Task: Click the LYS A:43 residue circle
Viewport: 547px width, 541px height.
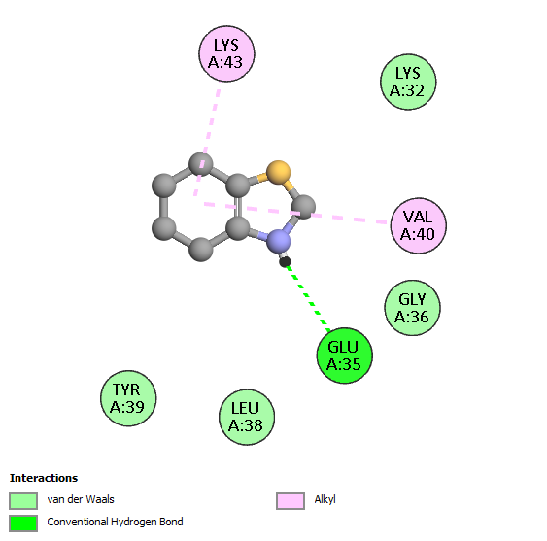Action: (x=226, y=53)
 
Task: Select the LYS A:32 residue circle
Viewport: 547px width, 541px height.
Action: (x=408, y=82)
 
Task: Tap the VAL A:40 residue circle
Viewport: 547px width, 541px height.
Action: (x=419, y=225)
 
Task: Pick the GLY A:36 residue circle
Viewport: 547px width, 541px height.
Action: (x=413, y=308)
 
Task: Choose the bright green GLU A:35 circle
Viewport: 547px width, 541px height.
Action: (x=345, y=355)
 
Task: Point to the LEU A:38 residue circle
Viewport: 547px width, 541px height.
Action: (x=247, y=417)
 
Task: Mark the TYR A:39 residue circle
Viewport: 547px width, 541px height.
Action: (x=128, y=398)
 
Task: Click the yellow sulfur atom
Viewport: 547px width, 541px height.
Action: (x=278, y=172)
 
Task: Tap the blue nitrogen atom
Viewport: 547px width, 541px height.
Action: (x=279, y=241)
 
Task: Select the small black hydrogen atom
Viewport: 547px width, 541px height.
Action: (x=285, y=261)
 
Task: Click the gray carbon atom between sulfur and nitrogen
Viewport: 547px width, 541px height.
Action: (x=303, y=207)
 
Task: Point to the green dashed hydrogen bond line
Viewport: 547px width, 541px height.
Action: (x=307, y=297)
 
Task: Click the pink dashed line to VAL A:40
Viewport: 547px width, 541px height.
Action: (x=295, y=213)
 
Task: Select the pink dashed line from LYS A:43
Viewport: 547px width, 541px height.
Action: (x=207, y=143)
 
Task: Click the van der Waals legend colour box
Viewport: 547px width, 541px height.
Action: (x=23, y=501)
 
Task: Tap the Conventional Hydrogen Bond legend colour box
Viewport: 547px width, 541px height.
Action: (x=23, y=524)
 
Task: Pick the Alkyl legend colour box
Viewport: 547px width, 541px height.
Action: (x=291, y=501)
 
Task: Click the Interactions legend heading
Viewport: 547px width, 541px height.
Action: (x=44, y=478)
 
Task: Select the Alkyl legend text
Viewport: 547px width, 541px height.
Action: (x=325, y=500)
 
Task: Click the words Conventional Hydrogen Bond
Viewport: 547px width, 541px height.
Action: (x=115, y=522)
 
